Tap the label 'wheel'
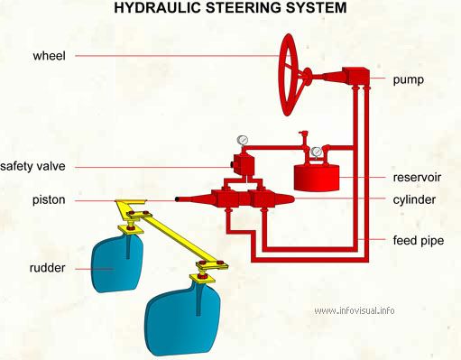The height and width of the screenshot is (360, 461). [x=49, y=56]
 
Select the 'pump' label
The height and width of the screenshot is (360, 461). [x=409, y=80]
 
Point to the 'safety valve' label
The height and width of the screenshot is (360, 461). [x=32, y=166]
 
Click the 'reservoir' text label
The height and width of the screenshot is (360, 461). [x=417, y=177]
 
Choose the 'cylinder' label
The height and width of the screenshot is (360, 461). [x=414, y=200]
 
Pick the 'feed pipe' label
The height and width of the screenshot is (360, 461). [x=419, y=241]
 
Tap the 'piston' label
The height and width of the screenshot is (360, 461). [x=49, y=200]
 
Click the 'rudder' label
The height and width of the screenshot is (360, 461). [x=47, y=268]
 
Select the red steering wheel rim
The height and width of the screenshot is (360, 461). [x=280, y=75]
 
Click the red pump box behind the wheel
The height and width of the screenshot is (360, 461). [x=355, y=76]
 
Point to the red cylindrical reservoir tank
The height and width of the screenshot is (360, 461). [x=317, y=178]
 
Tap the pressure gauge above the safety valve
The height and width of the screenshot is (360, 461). [x=243, y=140]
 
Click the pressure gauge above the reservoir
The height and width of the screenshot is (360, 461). [x=316, y=152]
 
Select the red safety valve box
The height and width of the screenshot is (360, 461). [x=244, y=164]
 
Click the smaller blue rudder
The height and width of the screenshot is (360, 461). [x=117, y=264]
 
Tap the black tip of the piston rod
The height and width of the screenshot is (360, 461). [x=178, y=199]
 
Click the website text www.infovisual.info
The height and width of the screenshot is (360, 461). [x=355, y=310]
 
